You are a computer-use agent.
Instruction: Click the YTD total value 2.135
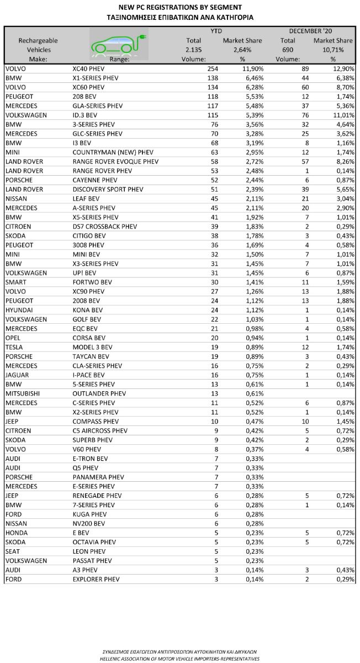(194, 50)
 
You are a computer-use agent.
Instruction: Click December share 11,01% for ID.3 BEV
(341, 115)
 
